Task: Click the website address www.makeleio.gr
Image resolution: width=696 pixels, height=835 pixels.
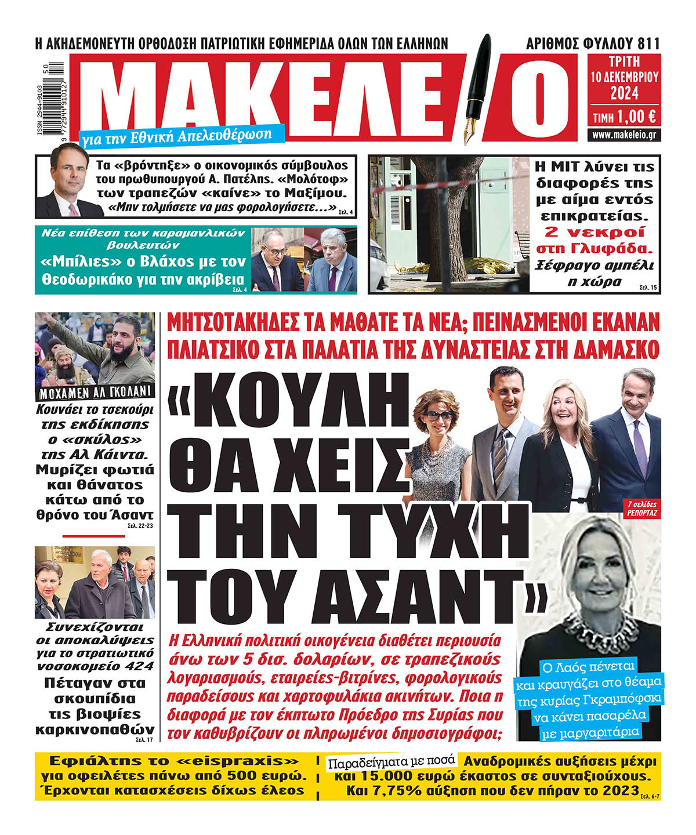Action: coord(624,135)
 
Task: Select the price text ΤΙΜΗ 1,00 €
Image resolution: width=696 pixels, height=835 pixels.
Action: coord(624,117)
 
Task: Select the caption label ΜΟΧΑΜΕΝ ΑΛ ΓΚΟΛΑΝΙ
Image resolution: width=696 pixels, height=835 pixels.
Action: coord(95,392)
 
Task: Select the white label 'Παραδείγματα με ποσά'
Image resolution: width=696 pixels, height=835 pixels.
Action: coord(392,763)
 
